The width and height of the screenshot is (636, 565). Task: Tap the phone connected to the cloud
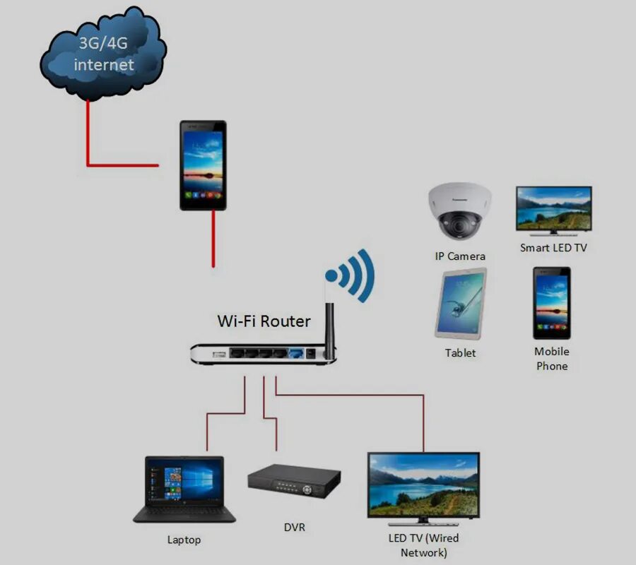click(x=203, y=165)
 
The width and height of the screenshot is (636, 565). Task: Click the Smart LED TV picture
click(x=553, y=210)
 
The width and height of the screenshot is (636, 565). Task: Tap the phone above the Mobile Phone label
click(x=551, y=303)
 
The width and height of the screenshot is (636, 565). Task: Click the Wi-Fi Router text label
click(x=264, y=321)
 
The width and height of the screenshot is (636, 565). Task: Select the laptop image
click(x=184, y=489)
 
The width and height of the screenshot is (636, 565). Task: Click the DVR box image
click(x=293, y=482)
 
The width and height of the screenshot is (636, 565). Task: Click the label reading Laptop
click(x=184, y=540)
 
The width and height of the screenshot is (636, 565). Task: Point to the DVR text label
click(x=294, y=528)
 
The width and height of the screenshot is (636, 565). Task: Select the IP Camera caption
click(x=460, y=256)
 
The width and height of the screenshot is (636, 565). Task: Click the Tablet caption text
click(x=461, y=352)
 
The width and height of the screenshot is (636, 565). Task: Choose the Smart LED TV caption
click(x=553, y=248)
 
